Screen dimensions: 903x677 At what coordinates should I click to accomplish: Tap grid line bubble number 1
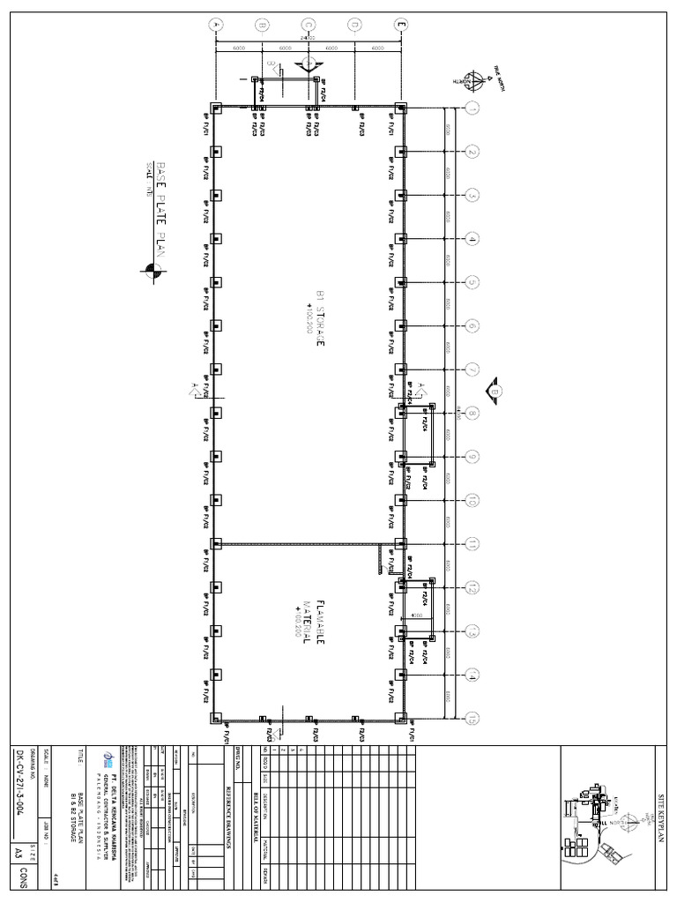472,108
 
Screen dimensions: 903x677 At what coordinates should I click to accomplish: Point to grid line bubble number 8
472,413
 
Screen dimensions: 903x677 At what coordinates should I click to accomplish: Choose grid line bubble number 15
472,716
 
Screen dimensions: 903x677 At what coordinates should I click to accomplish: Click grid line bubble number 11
472,542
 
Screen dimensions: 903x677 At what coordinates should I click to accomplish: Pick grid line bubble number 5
472,282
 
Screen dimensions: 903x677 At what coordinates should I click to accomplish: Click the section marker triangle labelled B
494,389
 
